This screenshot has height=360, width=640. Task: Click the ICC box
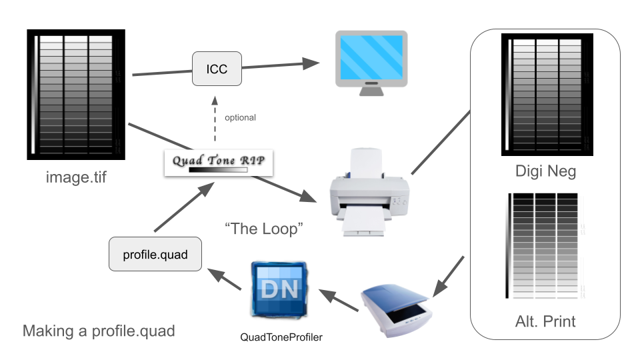pyautogui.click(x=217, y=69)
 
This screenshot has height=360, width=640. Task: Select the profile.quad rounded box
pyautogui.click(x=155, y=254)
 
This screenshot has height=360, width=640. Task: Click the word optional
pyautogui.click(x=240, y=118)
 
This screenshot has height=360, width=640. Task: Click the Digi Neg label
pyautogui.click(x=546, y=172)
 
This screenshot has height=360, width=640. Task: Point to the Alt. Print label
pyautogui.click(x=546, y=321)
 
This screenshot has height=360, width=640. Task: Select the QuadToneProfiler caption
pyautogui.click(x=281, y=338)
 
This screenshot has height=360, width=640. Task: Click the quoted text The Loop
pyautogui.click(x=265, y=229)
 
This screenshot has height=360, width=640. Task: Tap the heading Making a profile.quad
pyautogui.click(x=99, y=331)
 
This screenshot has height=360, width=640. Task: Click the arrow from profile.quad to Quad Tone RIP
pyautogui.click(x=178, y=209)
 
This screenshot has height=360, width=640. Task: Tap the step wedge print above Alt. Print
pyautogui.click(x=546, y=246)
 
